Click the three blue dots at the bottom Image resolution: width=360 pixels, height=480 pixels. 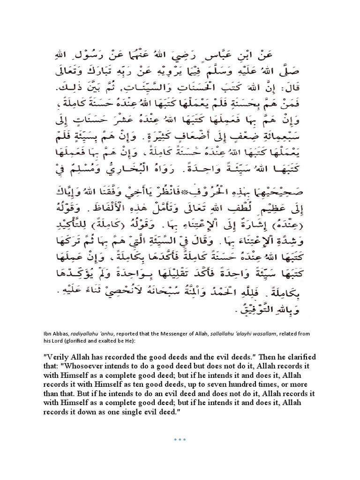[x=180, y=439]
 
